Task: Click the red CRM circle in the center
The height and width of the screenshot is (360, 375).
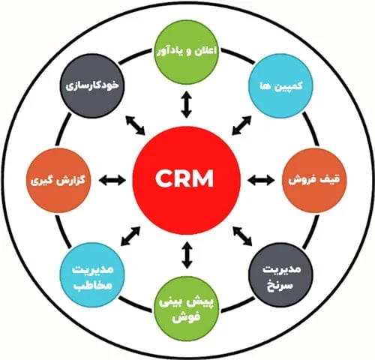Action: [186, 180]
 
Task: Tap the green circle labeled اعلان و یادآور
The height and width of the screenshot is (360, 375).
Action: [186, 52]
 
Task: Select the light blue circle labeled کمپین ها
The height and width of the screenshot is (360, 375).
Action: [280, 85]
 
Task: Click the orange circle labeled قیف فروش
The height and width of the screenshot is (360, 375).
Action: [314, 180]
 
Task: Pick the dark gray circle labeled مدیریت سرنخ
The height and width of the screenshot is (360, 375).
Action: [281, 274]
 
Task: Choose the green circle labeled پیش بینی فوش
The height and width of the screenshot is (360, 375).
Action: [187, 308]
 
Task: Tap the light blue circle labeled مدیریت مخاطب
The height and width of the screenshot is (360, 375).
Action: [92, 274]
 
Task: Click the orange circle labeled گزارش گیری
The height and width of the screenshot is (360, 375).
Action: [58, 180]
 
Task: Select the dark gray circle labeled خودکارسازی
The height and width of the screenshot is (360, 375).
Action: [92, 85]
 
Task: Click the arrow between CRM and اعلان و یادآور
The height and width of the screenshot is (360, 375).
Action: [187, 104]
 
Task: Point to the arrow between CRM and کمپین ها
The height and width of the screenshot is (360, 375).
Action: [241, 125]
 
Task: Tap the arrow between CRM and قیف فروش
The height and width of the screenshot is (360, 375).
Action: [261, 180]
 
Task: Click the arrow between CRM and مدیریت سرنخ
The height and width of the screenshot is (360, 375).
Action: [242, 236]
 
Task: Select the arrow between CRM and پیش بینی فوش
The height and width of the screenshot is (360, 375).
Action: [187, 255]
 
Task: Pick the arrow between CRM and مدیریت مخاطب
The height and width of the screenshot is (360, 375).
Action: [130, 235]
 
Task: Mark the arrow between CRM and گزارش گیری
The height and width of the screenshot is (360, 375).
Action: [112, 180]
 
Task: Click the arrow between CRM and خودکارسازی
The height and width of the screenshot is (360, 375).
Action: [135, 125]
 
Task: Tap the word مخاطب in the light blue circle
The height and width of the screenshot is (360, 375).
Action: [92, 286]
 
